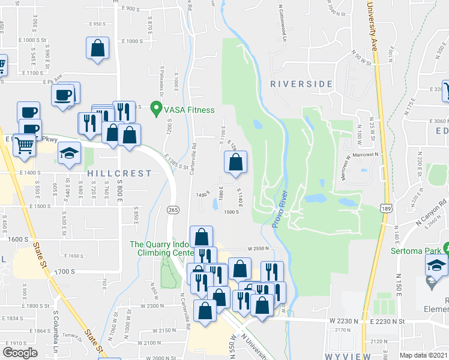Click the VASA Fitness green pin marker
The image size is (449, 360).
[157, 110]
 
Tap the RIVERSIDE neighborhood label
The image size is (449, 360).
[301, 84]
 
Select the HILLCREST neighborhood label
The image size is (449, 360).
[119, 173]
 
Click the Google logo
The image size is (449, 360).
[20, 353]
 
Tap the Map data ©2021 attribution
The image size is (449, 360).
[424, 355]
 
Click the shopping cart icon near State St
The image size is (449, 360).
[23, 145]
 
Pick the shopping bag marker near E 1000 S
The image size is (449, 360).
[97, 49]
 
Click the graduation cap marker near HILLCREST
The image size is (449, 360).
[69, 153]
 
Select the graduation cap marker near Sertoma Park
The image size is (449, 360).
[436, 265]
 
